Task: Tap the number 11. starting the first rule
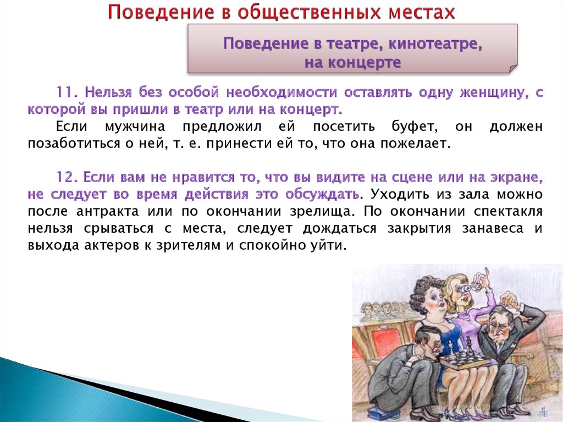coord(67,92)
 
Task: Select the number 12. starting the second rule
coord(67,177)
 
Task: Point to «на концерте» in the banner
coord(352,62)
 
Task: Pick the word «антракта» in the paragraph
coord(107,211)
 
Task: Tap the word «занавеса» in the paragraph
coord(493,228)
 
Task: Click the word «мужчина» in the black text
coord(135,127)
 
